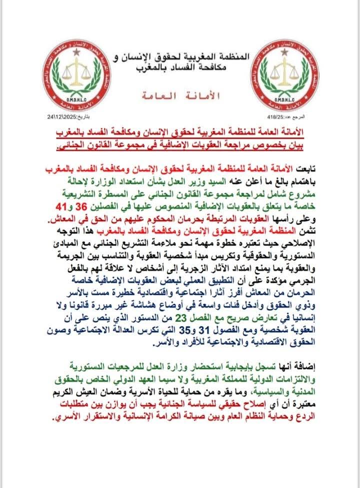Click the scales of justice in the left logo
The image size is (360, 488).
pyautogui.click(x=75, y=69)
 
